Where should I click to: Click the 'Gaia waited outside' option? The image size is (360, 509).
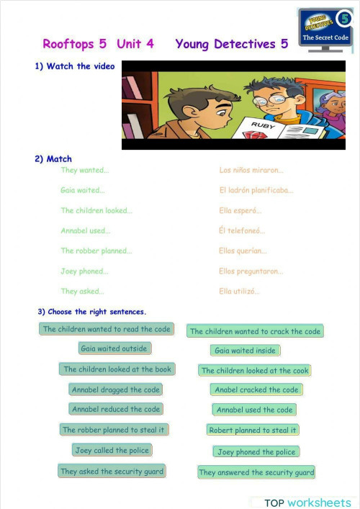coord(114,348)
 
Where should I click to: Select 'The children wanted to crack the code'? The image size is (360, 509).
coord(256,331)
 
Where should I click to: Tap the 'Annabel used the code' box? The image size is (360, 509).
coord(255,410)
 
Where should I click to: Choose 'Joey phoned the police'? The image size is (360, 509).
coord(256,452)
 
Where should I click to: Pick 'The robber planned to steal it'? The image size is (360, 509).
coord(114,430)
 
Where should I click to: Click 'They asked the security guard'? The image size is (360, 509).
coord(112,472)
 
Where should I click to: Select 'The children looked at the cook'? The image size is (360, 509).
coord(255,370)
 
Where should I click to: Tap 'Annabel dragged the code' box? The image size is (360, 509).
coord(115,389)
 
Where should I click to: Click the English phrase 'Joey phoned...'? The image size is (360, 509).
coord(84,271)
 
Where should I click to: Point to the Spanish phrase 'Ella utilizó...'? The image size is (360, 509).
coord(239,292)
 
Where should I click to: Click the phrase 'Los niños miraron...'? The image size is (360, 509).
coord(251,171)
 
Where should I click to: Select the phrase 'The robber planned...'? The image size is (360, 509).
coord(96,251)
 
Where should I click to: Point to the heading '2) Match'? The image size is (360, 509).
coord(53,158)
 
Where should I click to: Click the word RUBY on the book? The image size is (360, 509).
coord(259,125)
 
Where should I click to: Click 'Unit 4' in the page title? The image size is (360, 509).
coord(135,44)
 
